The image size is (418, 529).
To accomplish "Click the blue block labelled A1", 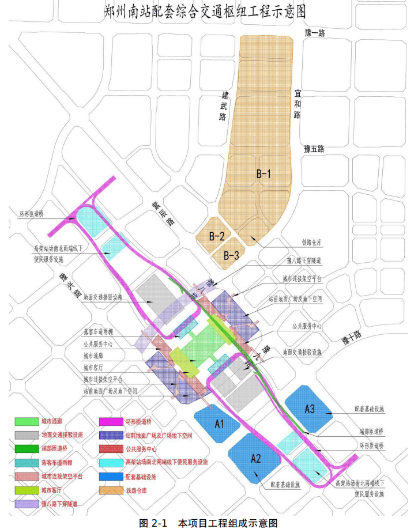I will click(x=219, y=424).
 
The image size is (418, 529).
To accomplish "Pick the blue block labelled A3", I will click(x=309, y=410).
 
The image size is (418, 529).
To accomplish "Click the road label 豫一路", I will click(x=314, y=33).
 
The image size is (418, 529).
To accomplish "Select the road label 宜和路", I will click(x=298, y=103).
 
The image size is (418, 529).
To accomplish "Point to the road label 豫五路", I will click(x=314, y=149).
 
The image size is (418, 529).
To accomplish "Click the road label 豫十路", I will click(x=349, y=334).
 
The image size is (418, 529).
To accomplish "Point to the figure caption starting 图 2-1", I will click(x=209, y=523).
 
